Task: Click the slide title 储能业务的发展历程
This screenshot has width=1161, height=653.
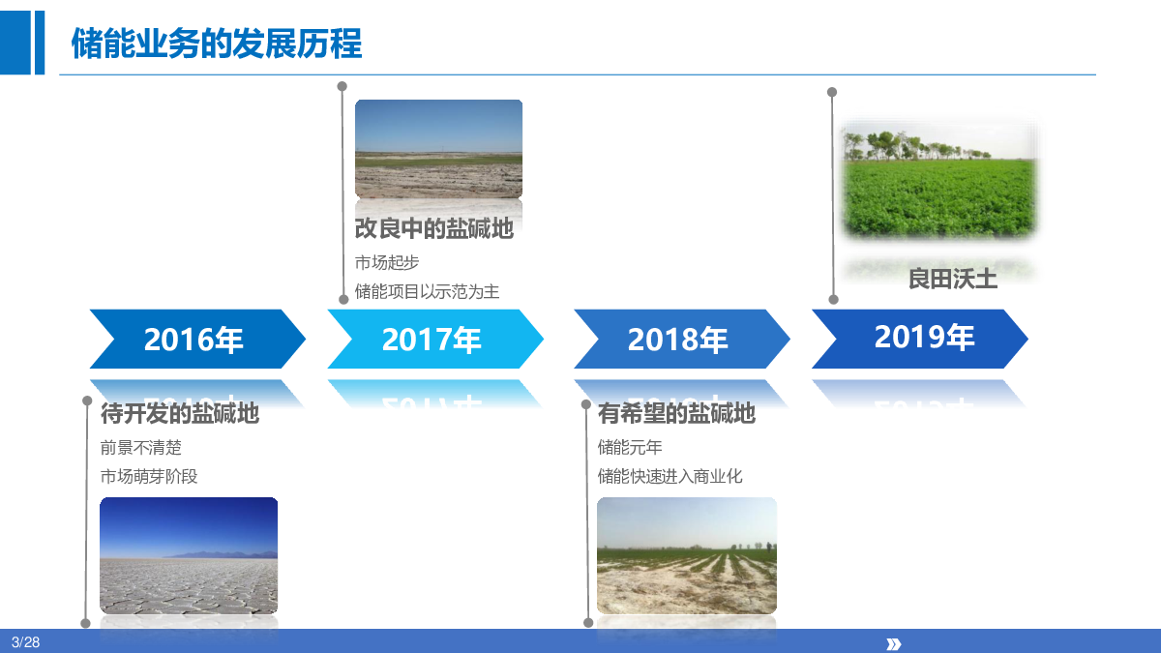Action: [x=216, y=44]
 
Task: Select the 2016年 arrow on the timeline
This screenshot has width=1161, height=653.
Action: [x=197, y=339]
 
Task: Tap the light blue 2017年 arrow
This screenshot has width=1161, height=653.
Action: [x=435, y=339]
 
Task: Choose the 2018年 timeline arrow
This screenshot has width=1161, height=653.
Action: [x=682, y=339]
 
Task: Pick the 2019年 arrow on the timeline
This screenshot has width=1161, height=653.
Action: [x=920, y=339]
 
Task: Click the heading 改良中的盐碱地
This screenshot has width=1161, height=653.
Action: [x=433, y=228]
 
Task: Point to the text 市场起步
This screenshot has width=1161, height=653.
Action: [x=387, y=263]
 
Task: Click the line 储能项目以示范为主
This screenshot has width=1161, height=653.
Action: [x=427, y=292]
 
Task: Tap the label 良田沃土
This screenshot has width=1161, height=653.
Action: [x=953, y=279]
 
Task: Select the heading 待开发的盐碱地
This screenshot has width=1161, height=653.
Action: [x=179, y=413]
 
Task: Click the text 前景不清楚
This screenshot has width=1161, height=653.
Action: [x=140, y=447]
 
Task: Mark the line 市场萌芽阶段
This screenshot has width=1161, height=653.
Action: [x=149, y=476]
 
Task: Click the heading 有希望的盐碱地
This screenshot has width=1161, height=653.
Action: [x=676, y=413]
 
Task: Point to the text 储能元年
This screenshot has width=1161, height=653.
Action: [x=630, y=447]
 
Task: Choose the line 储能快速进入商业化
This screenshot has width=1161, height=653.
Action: [x=670, y=476]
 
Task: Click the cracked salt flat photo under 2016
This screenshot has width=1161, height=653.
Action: [x=189, y=555]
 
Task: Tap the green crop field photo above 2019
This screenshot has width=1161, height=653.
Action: [x=939, y=179]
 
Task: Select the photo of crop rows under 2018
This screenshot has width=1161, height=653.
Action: [x=687, y=555]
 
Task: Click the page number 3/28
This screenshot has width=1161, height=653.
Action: [x=25, y=642]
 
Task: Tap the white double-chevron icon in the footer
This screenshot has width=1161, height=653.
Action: [x=894, y=644]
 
